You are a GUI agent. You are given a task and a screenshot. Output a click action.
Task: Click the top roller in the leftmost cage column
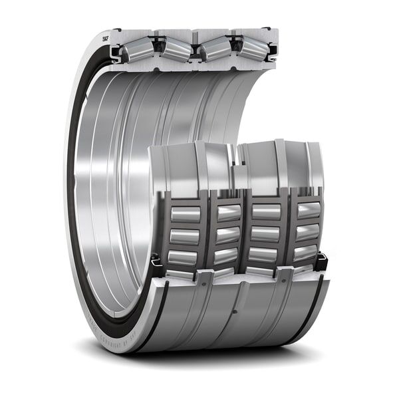(186, 214)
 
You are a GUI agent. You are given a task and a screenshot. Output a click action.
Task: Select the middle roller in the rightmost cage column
(307, 232)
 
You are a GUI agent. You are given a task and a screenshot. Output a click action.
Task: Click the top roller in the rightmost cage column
(308, 211)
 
